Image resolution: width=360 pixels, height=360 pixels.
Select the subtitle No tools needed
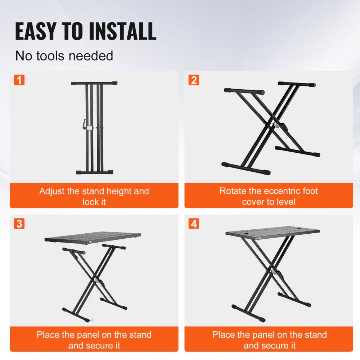[64, 56]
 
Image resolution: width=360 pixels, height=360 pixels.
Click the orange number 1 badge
[19, 80]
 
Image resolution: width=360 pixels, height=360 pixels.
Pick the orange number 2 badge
[194, 80]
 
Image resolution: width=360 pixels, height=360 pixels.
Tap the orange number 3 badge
[19, 224]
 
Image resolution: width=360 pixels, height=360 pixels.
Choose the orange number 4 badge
[194, 224]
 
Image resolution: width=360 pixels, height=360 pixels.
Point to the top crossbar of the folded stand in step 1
[94, 83]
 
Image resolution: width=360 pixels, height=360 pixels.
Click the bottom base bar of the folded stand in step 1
[94, 172]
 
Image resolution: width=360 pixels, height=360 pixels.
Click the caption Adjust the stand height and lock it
[94, 196]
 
